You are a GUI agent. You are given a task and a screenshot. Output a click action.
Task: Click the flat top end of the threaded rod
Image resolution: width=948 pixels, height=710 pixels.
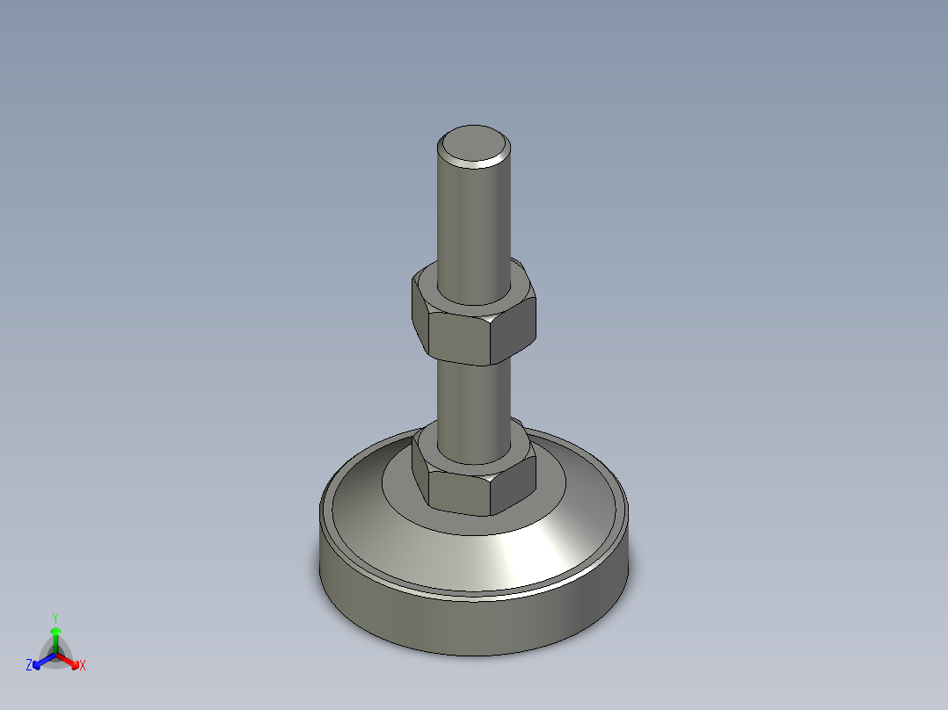474,143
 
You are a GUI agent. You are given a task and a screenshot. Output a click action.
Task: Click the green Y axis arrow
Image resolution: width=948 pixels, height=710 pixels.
55,641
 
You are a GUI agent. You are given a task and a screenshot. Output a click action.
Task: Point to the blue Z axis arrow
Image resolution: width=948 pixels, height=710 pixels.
44,661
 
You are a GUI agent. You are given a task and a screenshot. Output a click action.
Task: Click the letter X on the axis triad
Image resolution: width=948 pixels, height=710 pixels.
83,665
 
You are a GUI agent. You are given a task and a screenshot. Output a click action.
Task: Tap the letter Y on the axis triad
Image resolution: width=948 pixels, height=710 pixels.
55,619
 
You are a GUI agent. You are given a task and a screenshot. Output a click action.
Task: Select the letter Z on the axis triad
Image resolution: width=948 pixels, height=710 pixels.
28,665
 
